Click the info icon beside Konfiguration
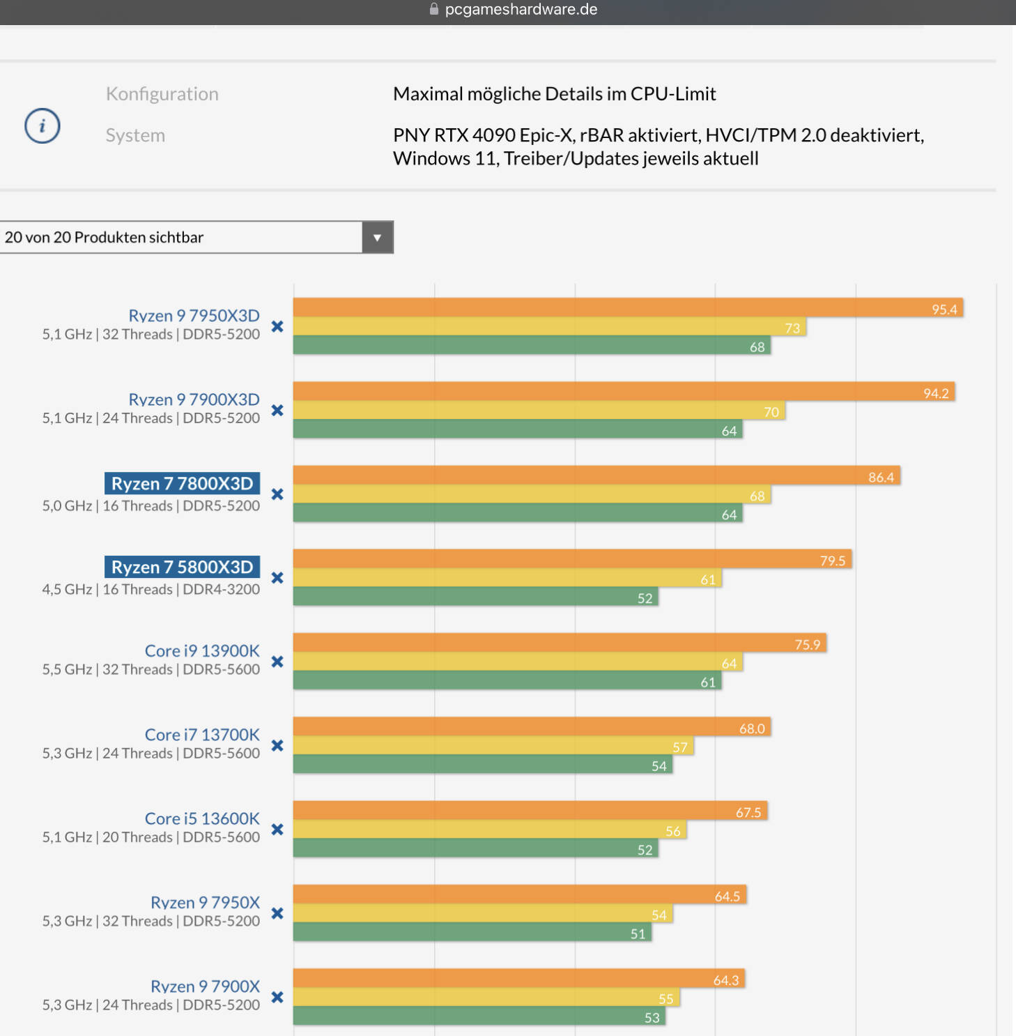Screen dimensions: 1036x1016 click(43, 126)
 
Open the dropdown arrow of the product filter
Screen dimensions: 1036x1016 click(377, 237)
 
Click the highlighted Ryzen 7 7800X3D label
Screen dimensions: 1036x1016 click(182, 483)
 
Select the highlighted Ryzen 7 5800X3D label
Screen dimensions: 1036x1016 click(182, 567)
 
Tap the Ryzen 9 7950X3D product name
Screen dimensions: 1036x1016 click(194, 315)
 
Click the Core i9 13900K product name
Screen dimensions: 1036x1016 click(202, 650)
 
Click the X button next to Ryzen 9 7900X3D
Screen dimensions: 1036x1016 click(277, 410)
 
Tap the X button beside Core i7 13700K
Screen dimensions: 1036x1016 click(277, 745)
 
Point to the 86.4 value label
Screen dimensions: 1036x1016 click(881, 478)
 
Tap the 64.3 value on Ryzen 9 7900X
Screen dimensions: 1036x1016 click(725, 980)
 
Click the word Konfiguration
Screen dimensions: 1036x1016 click(162, 94)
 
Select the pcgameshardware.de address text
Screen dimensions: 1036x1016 click(521, 10)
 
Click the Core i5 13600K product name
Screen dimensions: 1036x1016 click(202, 818)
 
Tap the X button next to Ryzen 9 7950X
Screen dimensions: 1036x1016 click(277, 913)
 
